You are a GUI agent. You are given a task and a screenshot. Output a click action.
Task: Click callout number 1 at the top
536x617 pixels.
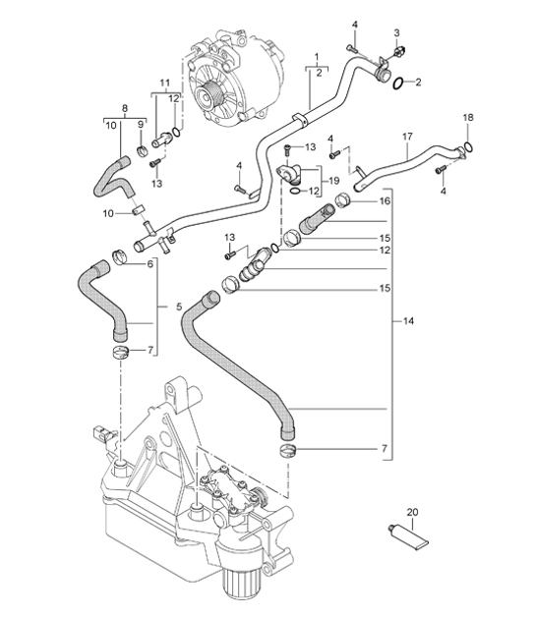pyautogui.click(x=316, y=57)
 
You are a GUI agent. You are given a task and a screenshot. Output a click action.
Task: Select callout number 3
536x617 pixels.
pyautogui.click(x=395, y=33)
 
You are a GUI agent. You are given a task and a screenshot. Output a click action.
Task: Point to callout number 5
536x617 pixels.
pyautogui.click(x=179, y=308)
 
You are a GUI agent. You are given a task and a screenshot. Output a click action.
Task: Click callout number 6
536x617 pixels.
pyautogui.click(x=151, y=264)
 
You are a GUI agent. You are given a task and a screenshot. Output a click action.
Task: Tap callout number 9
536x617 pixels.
pyautogui.click(x=142, y=124)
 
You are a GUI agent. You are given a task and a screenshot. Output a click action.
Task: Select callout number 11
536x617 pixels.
pyautogui.click(x=164, y=83)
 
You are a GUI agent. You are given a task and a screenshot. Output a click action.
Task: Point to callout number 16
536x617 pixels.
pyautogui.click(x=385, y=200)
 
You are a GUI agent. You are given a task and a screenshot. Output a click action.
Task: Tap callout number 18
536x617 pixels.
pyautogui.click(x=467, y=117)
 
